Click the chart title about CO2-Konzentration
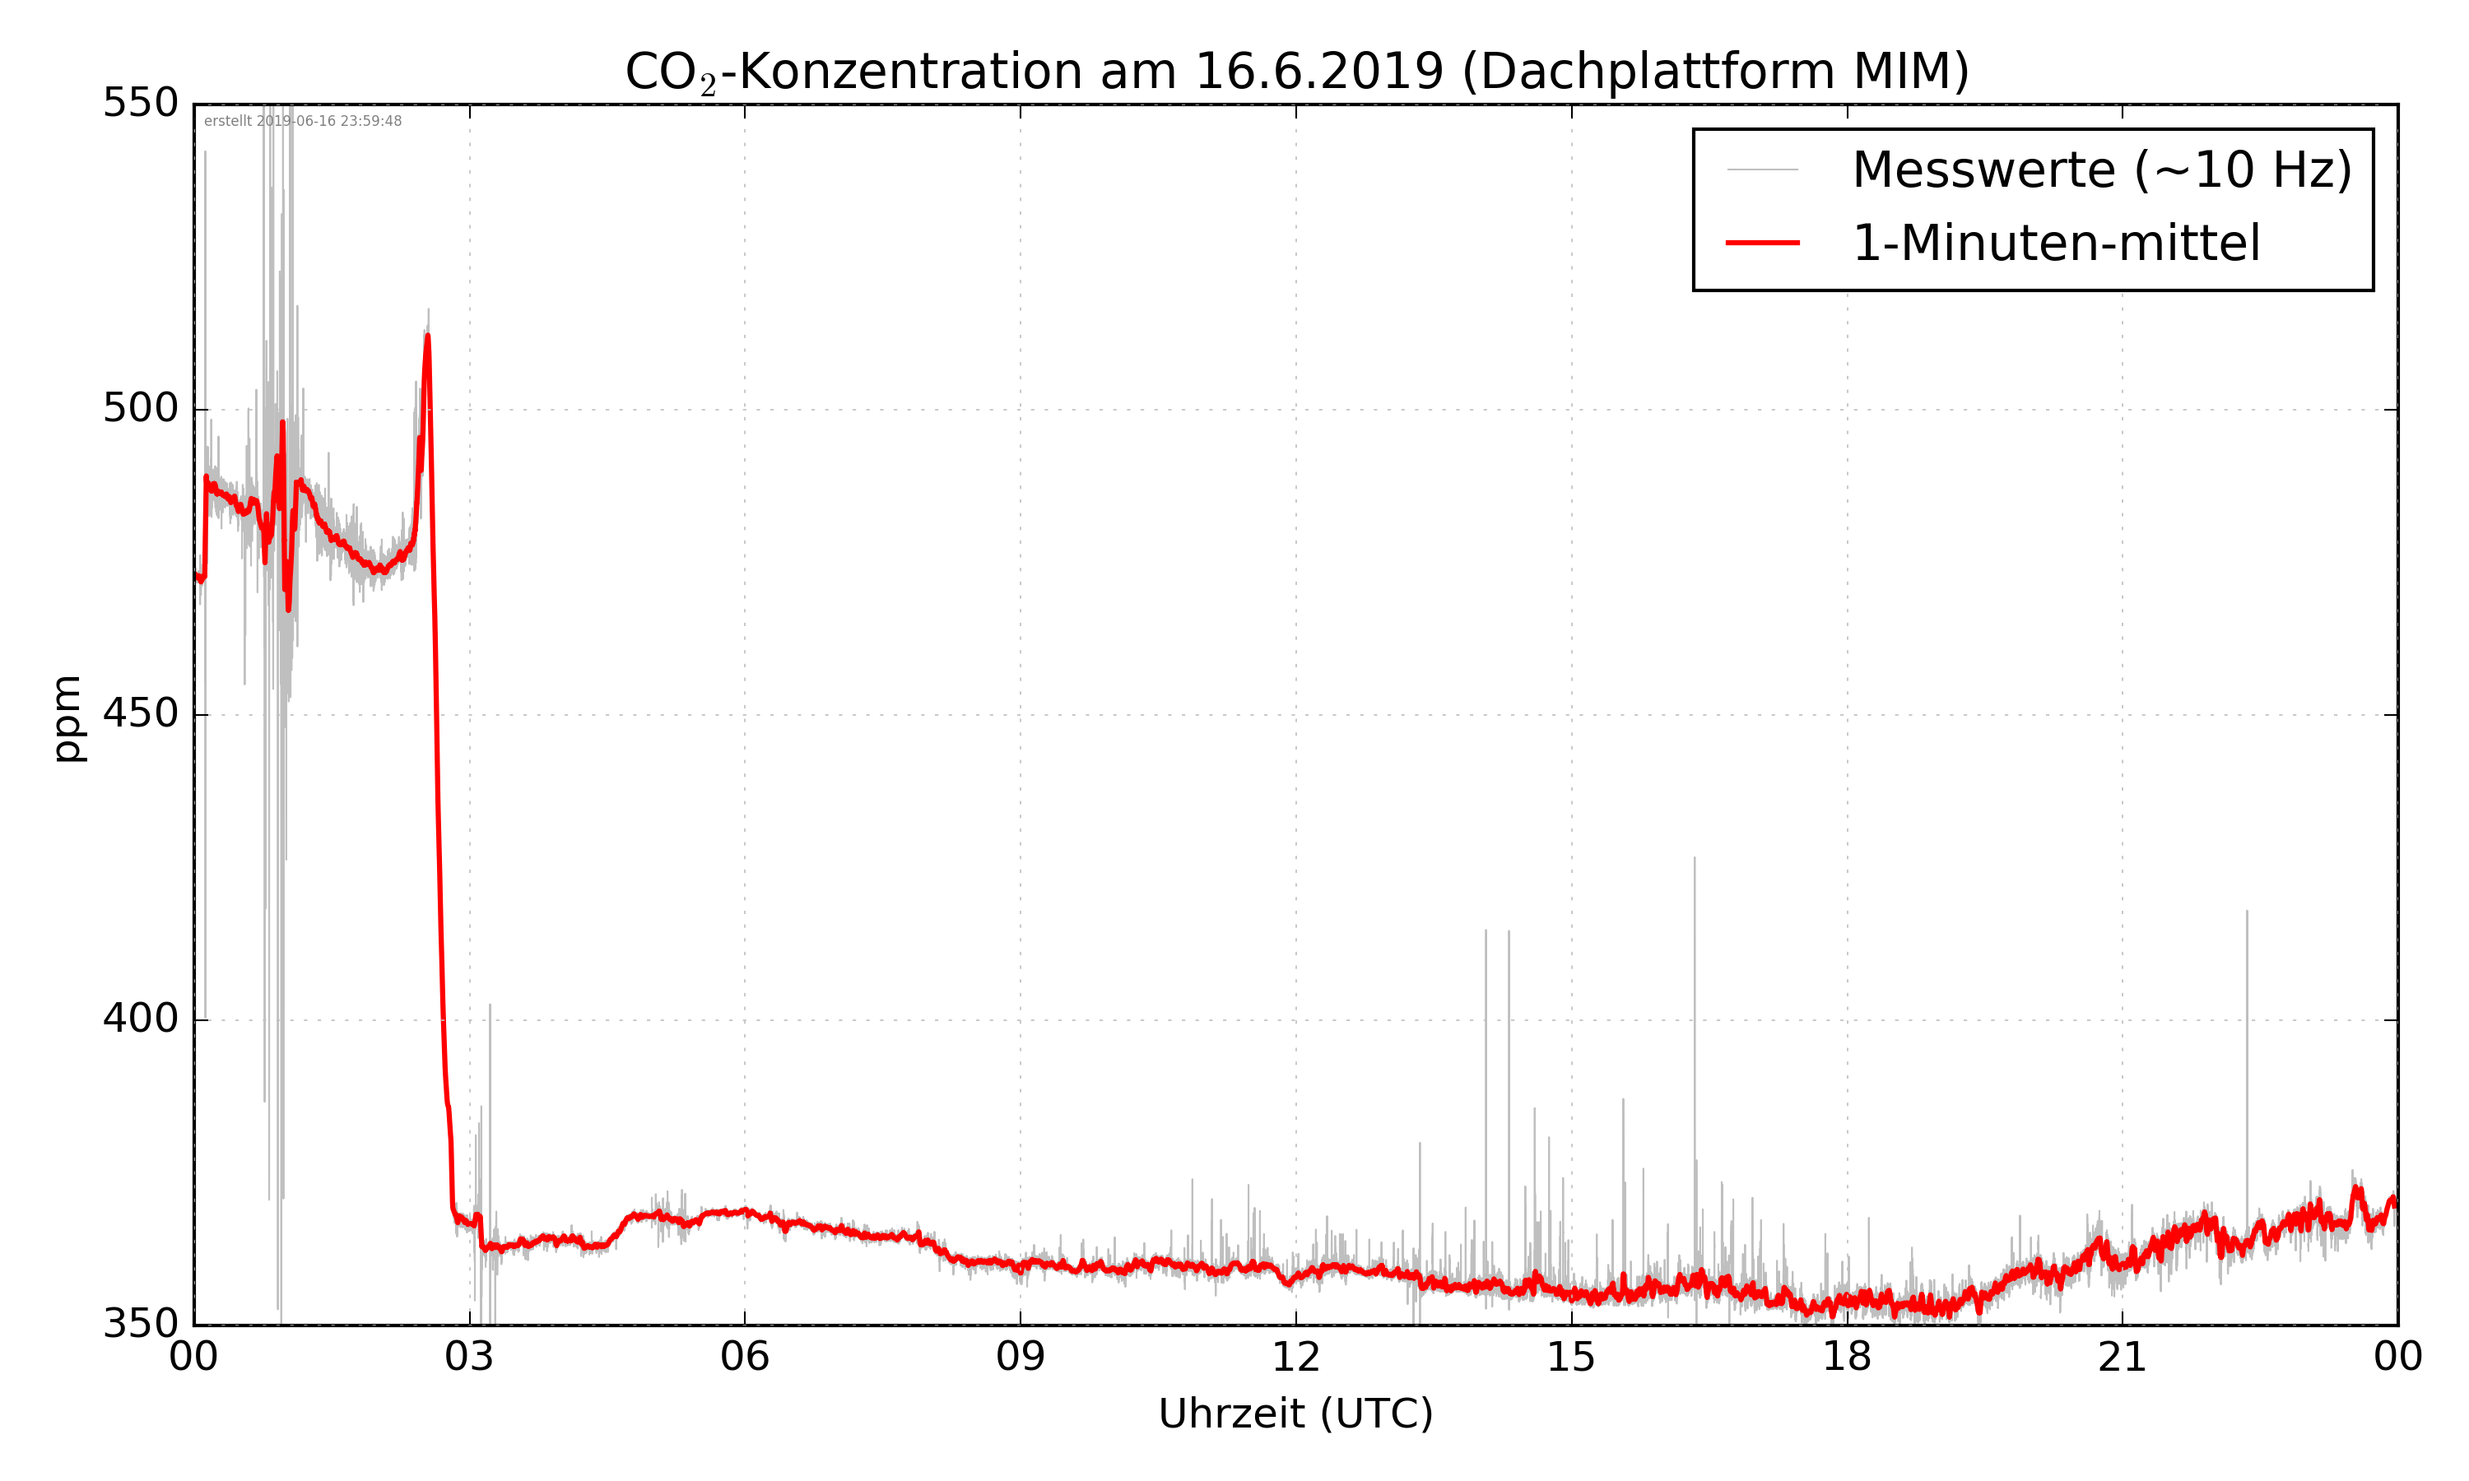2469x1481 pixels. tap(1295, 72)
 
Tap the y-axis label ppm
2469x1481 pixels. tap(67, 717)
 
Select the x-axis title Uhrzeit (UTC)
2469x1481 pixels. tap(1295, 1414)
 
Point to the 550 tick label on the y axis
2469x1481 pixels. tap(141, 103)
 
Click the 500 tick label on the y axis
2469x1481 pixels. tap(141, 408)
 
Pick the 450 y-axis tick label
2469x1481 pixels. tap(141, 713)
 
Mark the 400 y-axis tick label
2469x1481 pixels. tap(141, 1019)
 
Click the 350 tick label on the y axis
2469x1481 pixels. tap(141, 1325)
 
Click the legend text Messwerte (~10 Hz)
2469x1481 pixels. tap(2102, 169)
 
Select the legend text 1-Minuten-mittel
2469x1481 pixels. tap(2056, 244)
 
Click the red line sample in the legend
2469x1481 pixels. tap(1762, 244)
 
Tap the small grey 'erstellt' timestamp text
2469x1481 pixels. tap(302, 122)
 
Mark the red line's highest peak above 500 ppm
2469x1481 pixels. tap(427, 337)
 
